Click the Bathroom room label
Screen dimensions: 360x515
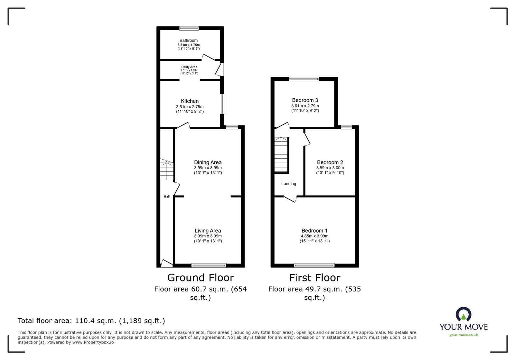(x=189, y=41)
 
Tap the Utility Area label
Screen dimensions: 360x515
(x=189, y=67)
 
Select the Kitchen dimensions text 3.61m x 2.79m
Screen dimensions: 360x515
(x=190, y=107)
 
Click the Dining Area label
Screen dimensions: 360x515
(x=208, y=162)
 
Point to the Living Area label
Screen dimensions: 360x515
(x=208, y=231)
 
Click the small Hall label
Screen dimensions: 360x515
(x=166, y=197)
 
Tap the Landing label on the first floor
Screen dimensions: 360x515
(x=288, y=184)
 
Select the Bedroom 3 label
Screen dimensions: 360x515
(x=305, y=100)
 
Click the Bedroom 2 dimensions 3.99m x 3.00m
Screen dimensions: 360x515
(x=330, y=168)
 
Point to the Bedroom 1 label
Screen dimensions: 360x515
(x=314, y=231)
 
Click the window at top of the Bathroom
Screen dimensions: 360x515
(x=189, y=28)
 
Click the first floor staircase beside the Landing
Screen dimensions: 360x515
(x=281, y=155)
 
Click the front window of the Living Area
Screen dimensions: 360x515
(x=209, y=265)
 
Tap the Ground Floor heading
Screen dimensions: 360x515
(x=200, y=278)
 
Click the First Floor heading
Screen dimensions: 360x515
(x=314, y=278)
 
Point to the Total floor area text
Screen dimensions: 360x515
(x=91, y=321)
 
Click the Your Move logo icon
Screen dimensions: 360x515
(x=463, y=314)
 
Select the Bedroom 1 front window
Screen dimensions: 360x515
(x=314, y=265)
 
